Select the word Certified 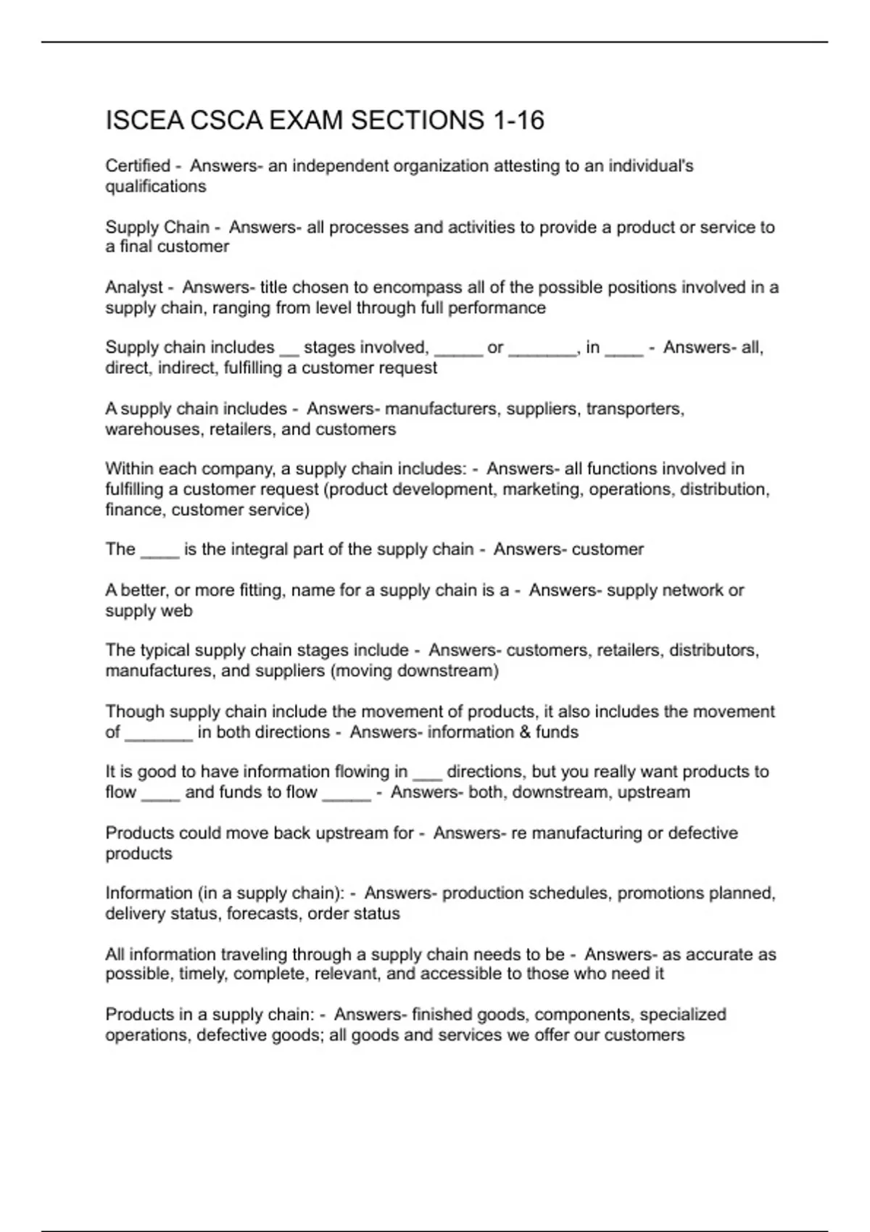click(x=138, y=166)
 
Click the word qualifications click(x=156, y=186)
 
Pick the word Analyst click(x=134, y=287)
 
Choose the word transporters click(x=635, y=409)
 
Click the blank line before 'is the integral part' click(x=159, y=552)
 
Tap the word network click(x=681, y=590)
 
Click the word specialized click(x=683, y=1014)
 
